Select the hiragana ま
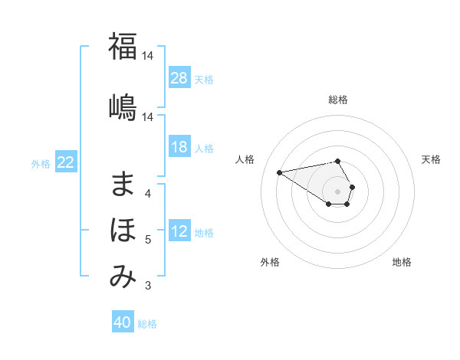coord(123,184)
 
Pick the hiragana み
coord(123,277)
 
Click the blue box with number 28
coord(179,78)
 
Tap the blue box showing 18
coord(179,148)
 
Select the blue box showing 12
coord(179,232)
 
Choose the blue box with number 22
coord(66,162)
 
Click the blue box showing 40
coord(123,322)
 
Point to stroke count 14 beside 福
coord(149,56)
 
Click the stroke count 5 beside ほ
coord(148,240)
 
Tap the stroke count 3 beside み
coord(148,286)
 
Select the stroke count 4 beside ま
coord(148,193)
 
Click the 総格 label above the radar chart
coord(338,100)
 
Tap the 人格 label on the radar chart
coord(245,159)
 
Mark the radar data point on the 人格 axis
coord(279,172)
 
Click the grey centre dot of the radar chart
coord(338,191)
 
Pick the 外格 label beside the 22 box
coord(41,163)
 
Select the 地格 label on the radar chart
coord(402,262)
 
